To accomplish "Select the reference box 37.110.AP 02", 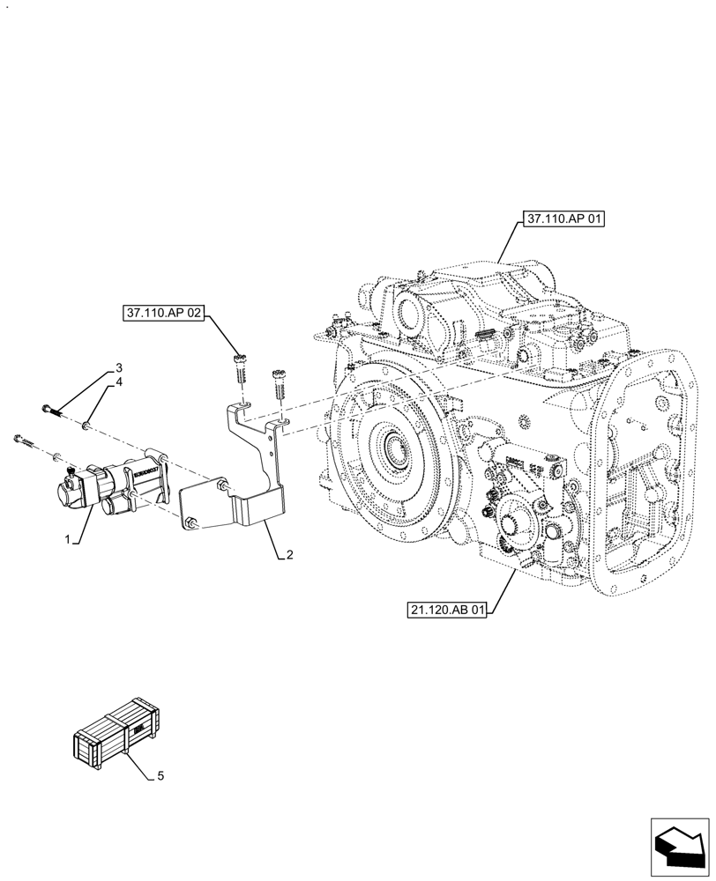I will (x=163, y=312).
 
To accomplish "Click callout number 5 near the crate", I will (x=160, y=776).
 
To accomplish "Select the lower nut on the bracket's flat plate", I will (x=190, y=526).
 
